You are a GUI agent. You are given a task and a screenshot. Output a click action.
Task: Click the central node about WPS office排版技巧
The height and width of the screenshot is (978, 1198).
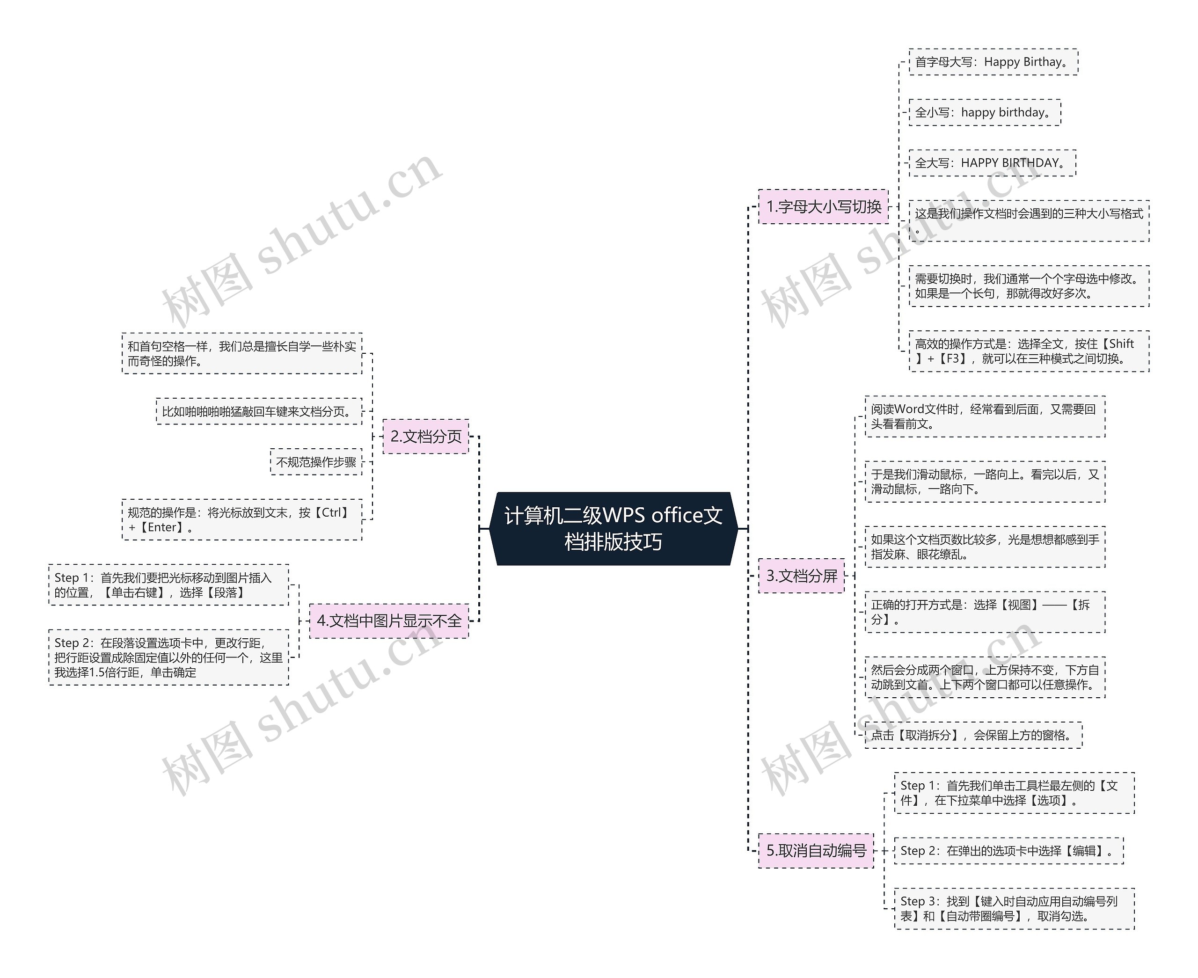614,528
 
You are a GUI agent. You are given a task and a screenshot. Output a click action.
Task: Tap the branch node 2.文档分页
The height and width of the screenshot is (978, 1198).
426,436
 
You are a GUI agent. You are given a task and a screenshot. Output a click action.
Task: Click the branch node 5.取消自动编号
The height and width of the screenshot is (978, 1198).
816,851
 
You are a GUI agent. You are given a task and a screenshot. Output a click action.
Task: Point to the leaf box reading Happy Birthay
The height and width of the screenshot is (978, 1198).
993,62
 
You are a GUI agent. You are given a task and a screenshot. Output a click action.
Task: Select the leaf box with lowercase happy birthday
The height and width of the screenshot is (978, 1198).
985,113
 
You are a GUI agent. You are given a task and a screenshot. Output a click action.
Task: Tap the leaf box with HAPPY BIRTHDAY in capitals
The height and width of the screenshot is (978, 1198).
993,163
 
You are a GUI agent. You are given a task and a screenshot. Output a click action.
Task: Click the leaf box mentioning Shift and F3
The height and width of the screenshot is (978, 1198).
1029,351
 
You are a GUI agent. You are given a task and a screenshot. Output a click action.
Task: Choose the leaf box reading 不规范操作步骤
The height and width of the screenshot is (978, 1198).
316,462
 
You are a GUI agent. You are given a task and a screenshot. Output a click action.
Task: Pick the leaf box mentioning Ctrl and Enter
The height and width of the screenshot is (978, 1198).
241,519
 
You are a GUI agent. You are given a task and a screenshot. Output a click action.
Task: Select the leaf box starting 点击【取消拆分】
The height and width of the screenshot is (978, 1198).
973,735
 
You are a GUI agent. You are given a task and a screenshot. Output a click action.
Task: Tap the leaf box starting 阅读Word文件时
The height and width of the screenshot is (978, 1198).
985,416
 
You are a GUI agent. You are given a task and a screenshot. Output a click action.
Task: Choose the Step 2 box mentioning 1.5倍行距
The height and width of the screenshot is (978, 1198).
168,657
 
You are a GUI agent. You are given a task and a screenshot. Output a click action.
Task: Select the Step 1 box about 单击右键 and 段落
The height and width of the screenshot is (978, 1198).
168,585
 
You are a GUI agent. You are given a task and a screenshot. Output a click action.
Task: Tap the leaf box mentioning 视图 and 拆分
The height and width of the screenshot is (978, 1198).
985,612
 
